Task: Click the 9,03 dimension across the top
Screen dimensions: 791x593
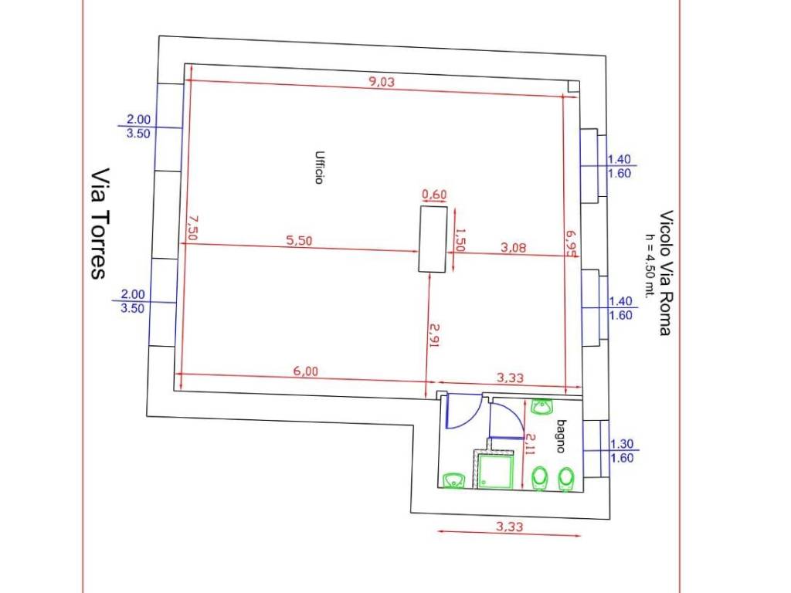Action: (x=382, y=81)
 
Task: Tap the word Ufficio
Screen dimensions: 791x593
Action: (x=319, y=168)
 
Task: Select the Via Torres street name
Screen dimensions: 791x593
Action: (x=100, y=223)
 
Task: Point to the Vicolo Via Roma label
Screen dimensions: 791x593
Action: (x=666, y=273)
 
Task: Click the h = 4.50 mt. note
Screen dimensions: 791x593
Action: (x=649, y=266)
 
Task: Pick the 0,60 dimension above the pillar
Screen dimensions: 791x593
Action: (x=434, y=194)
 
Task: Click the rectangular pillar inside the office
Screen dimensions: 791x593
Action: (x=433, y=239)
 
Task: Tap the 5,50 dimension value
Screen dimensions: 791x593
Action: (x=299, y=241)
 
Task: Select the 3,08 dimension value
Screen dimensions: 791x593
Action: (x=513, y=247)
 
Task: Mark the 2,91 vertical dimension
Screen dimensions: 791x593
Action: (x=434, y=335)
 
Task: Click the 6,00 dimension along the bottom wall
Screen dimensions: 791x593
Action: (x=306, y=371)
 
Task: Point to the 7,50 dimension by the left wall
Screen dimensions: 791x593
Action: (x=192, y=228)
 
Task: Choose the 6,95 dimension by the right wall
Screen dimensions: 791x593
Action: (x=572, y=243)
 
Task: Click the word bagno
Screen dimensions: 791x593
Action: (x=561, y=436)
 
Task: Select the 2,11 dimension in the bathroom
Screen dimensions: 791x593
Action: (x=529, y=444)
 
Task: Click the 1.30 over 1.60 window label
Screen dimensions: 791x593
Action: (x=622, y=451)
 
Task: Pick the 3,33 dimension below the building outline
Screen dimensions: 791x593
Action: (x=510, y=527)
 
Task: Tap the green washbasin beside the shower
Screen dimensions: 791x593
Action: (x=453, y=480)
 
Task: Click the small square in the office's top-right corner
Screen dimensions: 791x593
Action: (x=573, y=86)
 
